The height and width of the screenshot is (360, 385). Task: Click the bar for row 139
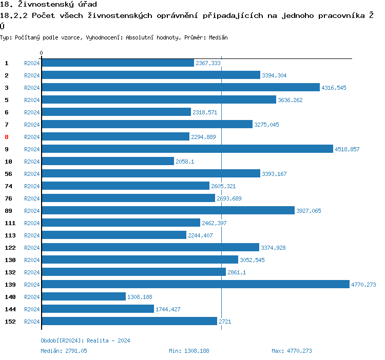[x=195, y=285]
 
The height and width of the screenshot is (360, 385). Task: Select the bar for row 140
[x=84, y=297]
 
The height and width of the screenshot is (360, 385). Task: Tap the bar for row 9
[x=187, y=149]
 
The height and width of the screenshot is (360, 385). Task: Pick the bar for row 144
[x=98, y=309]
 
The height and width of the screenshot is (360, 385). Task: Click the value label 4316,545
[x=334, y=88]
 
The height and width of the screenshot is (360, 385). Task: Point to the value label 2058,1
[x=185, y=162]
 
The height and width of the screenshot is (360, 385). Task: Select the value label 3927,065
[x=309, y=211]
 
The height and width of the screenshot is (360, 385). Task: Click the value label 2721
[x=224, y=322]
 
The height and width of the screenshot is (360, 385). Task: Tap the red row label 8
[x=7, y=137]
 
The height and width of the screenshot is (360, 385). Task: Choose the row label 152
[x=10, y=322]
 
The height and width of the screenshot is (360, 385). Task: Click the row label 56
[x=8, y=174]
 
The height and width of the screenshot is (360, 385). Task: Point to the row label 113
[x=10, y=235]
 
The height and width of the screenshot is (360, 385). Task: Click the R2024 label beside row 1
[x=32, y=63]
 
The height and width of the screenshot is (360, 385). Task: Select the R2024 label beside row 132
[x=32, y=272]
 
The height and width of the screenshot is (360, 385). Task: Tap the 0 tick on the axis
[x=42, y=53]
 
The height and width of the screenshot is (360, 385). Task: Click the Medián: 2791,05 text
[x=64, y=351]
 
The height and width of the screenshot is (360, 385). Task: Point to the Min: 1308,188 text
[x=189, y=351]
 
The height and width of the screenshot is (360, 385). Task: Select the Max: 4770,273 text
[x=292, y=351]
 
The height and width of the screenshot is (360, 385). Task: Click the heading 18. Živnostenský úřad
[x=48, y=5]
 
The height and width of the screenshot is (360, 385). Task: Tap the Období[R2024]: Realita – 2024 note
[x=85, y=341]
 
